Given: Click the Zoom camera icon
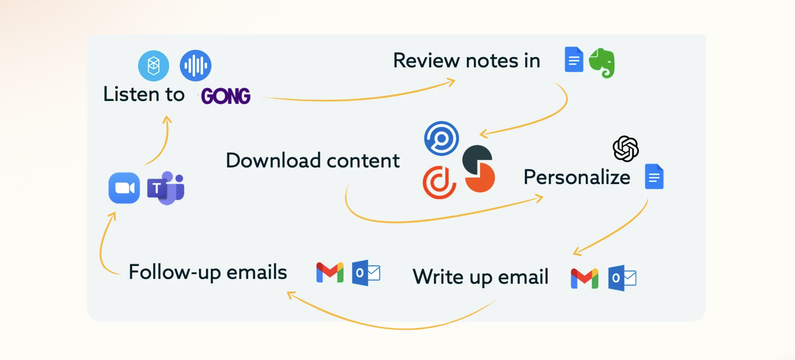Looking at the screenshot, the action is click(124, 188).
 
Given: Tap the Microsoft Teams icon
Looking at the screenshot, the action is click(166, 188).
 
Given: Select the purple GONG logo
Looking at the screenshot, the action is click(226, 96).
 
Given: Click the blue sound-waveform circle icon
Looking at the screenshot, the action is click(195, 65).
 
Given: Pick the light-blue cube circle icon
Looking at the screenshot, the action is click(153, 66).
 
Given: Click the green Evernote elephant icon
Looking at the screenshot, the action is click(602, 63).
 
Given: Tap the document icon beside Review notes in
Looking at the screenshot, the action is click(574, 59).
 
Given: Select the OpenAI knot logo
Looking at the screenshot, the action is click(626, 149).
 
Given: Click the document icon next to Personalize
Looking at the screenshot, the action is click(654, 176).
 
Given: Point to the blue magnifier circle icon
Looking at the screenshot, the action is click(441, 138).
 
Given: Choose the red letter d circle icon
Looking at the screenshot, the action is click(439, 182).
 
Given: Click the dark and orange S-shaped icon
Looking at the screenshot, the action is click(479, 169).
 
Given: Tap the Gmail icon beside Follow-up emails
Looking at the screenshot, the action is click(330, 273).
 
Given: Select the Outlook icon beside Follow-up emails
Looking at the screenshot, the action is click(366, 273).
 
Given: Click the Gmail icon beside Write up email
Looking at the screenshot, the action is click(584, 278).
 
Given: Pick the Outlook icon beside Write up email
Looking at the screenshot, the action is click(622, 278).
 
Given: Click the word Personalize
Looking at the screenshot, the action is click(577, 177).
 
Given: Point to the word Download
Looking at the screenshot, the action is click(274, 160).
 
